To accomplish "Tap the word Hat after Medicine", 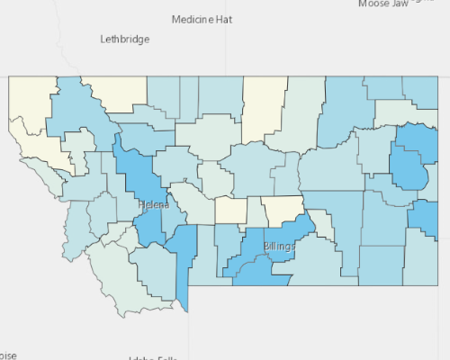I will [224, 19].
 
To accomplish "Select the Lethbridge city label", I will [125, 40].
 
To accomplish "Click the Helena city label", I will [152, 205].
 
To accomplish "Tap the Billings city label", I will [280, 246].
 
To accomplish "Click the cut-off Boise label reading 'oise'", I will [8, 354].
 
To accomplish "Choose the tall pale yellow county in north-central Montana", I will [263, 108].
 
